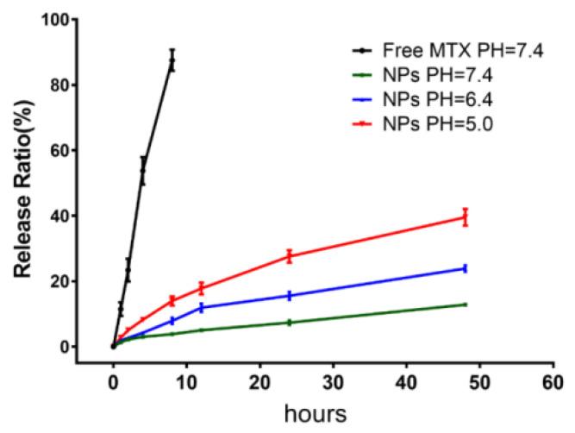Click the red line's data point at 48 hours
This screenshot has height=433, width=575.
point(466,217)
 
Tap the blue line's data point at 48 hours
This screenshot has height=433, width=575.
point(466,268)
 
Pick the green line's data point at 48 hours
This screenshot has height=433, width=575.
point(466,304)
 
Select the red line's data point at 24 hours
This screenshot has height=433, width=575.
point(289,256)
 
